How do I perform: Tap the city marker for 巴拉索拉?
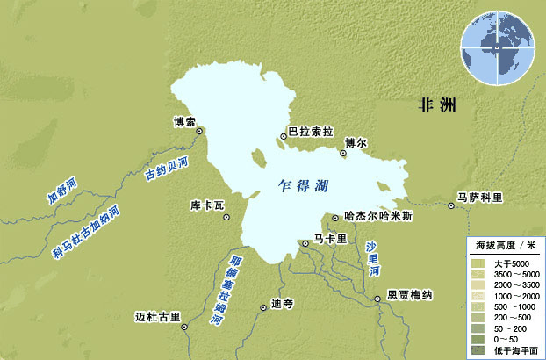pyautogui.click(x=284, y=134)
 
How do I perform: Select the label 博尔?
pyautogui.click(x=356, y=141)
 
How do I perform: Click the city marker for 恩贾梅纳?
pyautogui.click(x=378, y=298)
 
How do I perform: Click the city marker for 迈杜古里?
pyautogui.click(x=184, y=328)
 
